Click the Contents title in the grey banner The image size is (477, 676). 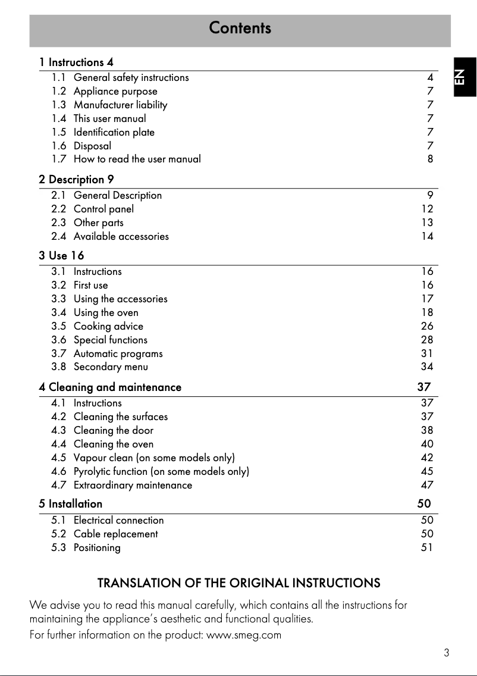(240, 28)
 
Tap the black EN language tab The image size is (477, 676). (463, 77)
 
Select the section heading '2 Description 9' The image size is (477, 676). (76, 179)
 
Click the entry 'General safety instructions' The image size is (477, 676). (131, 77)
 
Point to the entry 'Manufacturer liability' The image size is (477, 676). (120, 105)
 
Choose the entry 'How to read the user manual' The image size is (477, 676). (137, 159)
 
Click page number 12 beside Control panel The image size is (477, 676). (427, 209)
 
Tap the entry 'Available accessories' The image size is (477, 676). (121, 236)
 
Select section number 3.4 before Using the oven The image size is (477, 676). (58, 312)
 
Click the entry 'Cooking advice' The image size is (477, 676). (108, 326)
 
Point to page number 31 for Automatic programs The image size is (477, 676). (427, 353)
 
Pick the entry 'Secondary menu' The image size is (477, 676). (111, 367)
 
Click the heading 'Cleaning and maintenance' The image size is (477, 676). (115, 387)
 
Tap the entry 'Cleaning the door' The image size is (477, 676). (113, 430)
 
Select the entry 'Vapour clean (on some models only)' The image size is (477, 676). (154, 458)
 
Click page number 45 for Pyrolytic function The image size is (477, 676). (427, 471)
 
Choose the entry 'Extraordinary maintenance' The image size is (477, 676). (133, 485)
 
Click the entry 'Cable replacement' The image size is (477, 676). (115, 534)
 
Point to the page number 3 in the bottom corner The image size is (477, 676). (446, 653)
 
